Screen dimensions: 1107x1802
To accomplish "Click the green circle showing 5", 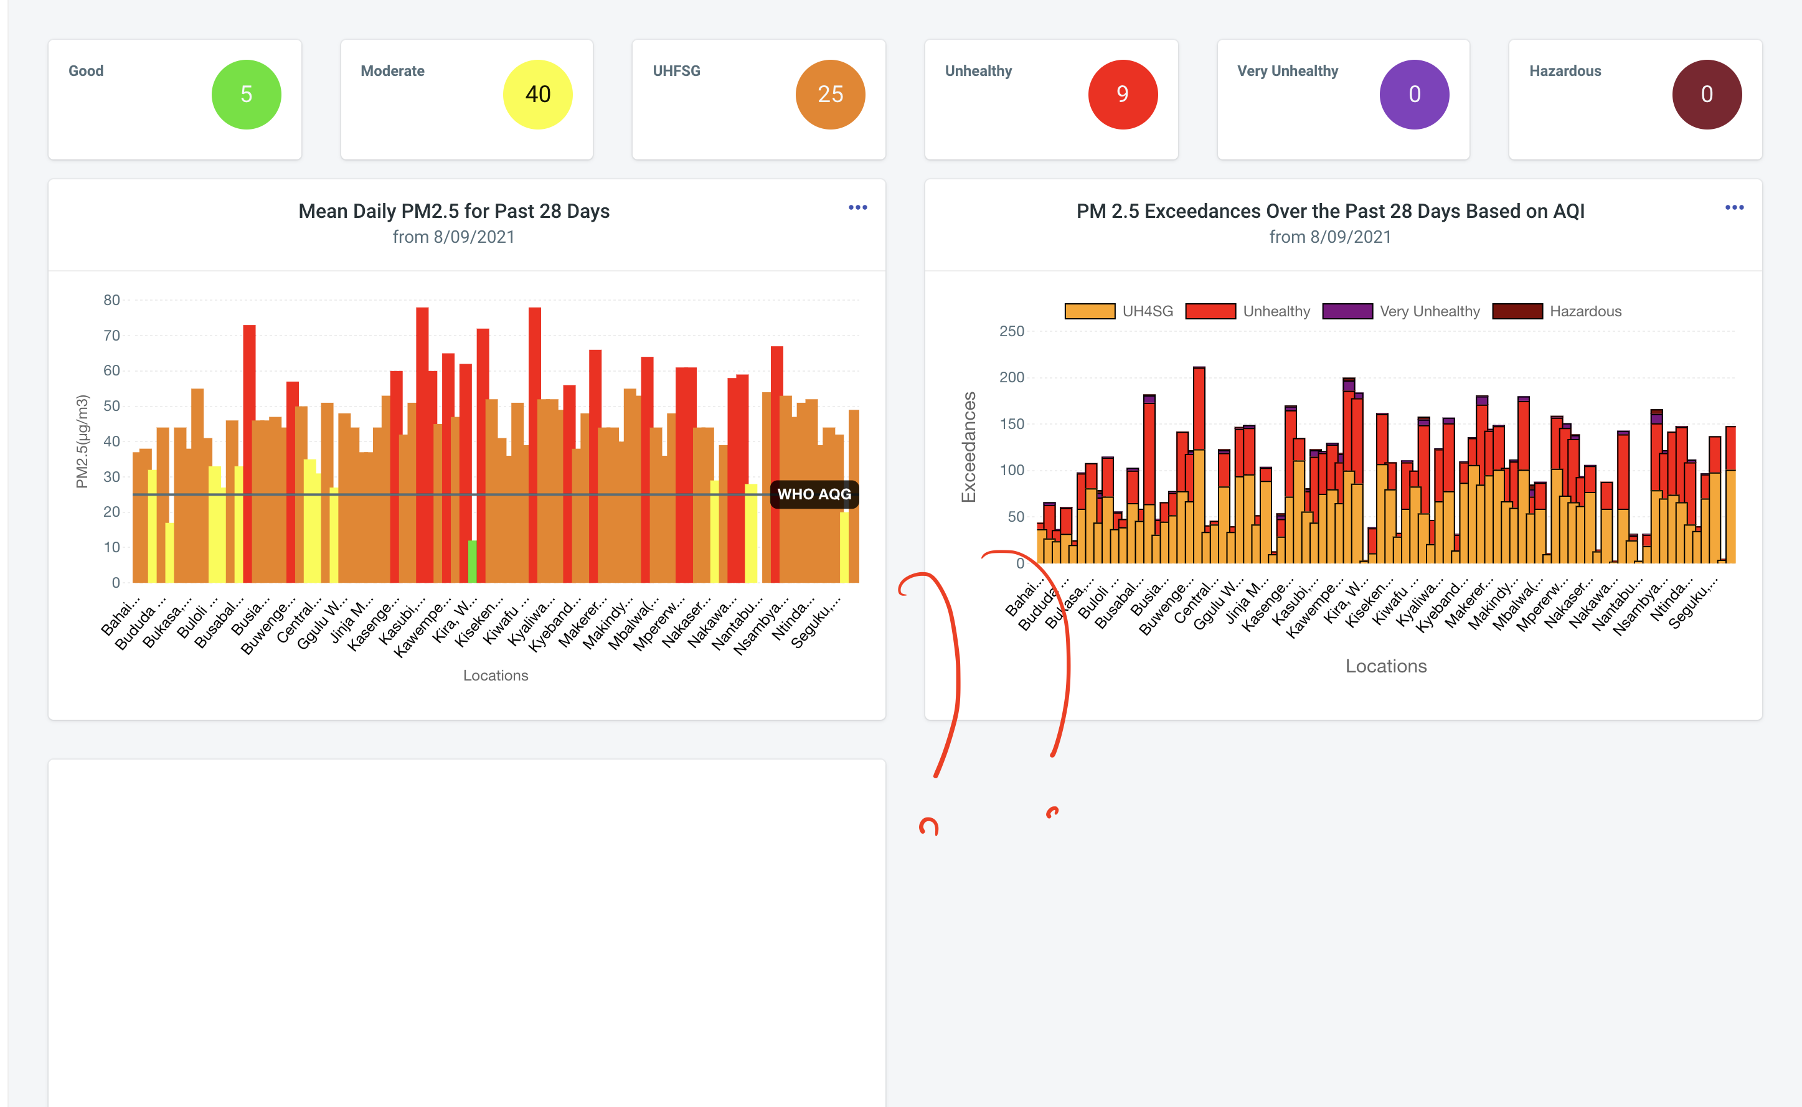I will pyautogui.click(x=246, y=95).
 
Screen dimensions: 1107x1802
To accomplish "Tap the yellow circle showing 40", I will pyautogui.click(x=537, y=95).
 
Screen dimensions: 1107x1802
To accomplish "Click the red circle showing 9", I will pyautogui.click(x=1122, y=95).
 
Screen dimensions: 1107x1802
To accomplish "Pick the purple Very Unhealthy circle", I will pyautogui.click(x=1414, y=95).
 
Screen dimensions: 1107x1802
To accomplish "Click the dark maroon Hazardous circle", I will pyautogui.click(x=1706, y=95).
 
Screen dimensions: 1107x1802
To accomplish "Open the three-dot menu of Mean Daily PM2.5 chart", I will pyautogui.click(x=857, y=208).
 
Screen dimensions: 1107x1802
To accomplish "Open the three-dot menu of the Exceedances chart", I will pyautogui.click(x=1734, y=208).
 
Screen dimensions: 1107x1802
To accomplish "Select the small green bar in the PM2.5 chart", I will pyautogui.click(x=472, y=562).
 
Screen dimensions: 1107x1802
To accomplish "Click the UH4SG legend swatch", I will pyautogui.click(x=1090, y=311).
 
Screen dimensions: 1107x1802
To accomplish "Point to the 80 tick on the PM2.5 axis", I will pyautogui.click(x=111, y=300).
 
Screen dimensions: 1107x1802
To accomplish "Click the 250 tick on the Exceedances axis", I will pyautogui.click(x=1011, y=332).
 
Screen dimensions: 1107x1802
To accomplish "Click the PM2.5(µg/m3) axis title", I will pyautogui.click(x=82, y=441).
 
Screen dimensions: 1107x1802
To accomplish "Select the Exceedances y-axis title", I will pyautogui.click(x=969, y=446).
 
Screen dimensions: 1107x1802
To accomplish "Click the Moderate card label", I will pyautogui.click(x=392, y=71).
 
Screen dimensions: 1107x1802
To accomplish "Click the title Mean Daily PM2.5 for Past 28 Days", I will pyautogui.click(x=453, y=211).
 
